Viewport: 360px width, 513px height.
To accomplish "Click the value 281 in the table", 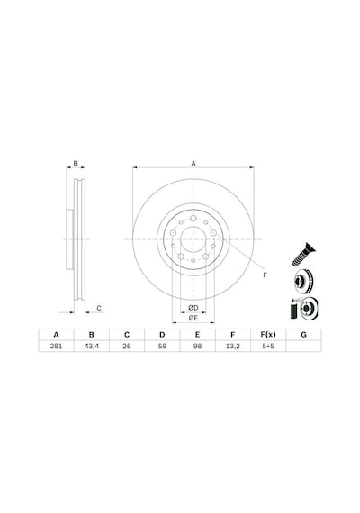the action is click(56, 346).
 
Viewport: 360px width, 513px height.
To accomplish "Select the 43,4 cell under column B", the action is click(91, 346).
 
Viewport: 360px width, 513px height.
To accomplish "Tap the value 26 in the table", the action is click(127, 346).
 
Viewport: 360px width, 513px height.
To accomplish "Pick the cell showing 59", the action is click(162, 346).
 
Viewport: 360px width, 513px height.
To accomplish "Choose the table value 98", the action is click(197, 346).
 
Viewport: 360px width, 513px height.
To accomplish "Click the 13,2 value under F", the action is click(233, 346).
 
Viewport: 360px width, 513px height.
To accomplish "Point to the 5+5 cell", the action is click(268, 346).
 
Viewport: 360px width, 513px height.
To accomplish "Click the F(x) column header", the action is click(268, 335).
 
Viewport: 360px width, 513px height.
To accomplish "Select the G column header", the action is click(303, 335).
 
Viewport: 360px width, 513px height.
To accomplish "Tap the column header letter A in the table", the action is click(56, 335).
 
